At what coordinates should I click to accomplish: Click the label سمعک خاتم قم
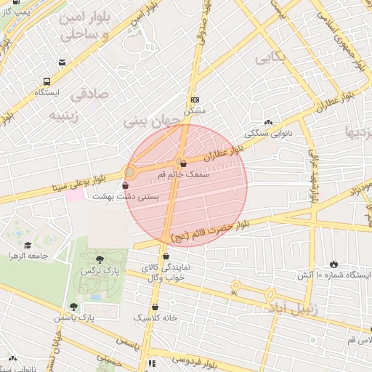(187, 175)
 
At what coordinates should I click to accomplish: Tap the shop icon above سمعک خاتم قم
(182, 163)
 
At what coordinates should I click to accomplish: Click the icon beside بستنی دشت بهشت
(126, 187)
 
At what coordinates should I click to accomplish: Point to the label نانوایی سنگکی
(268, 134)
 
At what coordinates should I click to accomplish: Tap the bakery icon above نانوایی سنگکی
(268, 123)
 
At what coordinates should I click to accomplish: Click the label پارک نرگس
(100, 270)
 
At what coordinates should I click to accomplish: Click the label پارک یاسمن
(74, 318)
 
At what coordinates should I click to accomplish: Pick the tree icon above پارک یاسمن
(73, 307)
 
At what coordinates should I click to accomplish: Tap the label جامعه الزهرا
(28, 256)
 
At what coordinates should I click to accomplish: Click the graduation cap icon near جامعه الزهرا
(28, 245)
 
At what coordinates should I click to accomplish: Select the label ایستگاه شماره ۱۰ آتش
(334, 275)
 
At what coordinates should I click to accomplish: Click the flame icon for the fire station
(334, 263)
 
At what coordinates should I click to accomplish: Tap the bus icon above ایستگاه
(47, 82)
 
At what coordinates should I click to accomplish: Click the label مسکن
(195, 111)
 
